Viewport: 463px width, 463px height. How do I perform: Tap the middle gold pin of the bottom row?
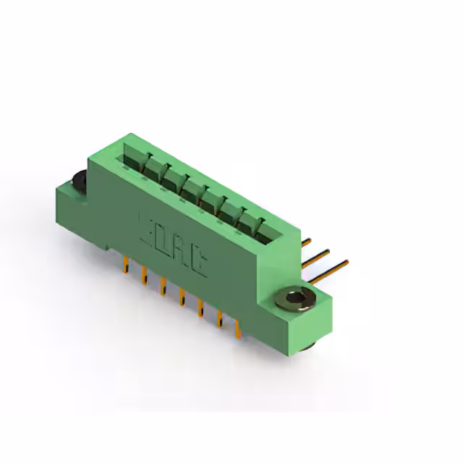[181, 297]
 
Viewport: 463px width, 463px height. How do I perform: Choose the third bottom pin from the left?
[163, 285]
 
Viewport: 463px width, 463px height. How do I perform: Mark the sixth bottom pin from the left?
[218, 318]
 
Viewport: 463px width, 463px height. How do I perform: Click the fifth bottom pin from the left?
[200, 307]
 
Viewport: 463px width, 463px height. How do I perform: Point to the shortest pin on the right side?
[307, 241]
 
